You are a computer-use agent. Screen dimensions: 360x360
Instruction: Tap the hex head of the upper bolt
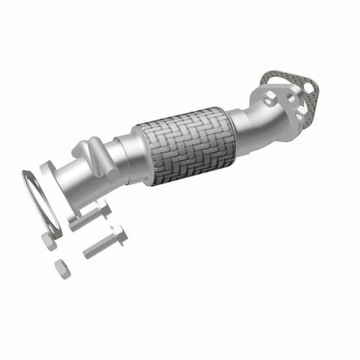(102, 210)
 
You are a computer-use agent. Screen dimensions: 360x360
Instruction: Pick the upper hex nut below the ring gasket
(51, 240)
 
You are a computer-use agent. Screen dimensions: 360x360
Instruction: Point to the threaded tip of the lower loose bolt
(87, 254)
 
